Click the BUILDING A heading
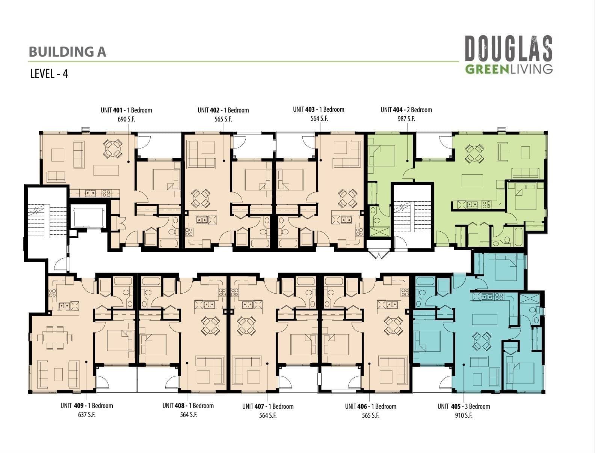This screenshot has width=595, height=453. tap(67, 52)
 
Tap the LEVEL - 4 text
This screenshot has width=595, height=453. tap(49, 74)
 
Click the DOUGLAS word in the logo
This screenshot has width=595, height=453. tap(509, 48)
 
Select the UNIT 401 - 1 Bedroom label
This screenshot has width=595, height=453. tap(126, 110)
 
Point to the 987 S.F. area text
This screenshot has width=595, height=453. tap(406, 118)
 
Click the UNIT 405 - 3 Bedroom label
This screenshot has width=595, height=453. tap(464, 406)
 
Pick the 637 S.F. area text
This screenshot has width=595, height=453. tap(87, 415)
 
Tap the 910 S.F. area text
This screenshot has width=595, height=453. tap(464, 415)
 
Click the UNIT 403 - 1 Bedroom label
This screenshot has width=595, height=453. tap(319, 109)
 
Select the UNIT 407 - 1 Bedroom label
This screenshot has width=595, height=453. tap(268, 406)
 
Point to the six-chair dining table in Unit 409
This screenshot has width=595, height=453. tap(55, 338)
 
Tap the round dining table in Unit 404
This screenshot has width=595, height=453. tap(474, 153)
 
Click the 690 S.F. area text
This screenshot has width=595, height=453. tap(126, 119)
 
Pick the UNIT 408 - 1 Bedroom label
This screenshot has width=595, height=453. tap(188, 406)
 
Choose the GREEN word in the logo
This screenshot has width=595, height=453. tap(487, 69)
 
